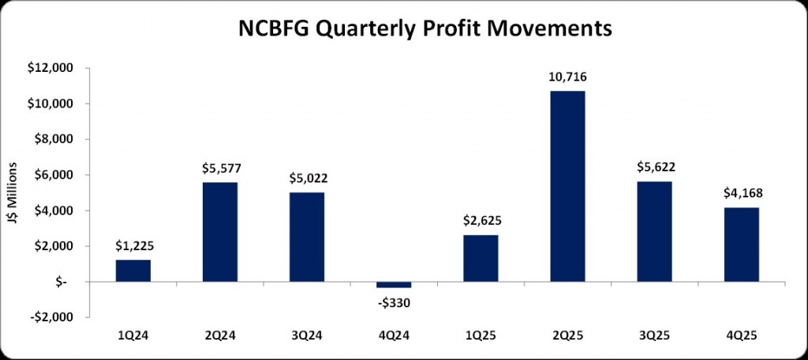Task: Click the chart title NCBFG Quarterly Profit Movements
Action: click(x=425, y=30)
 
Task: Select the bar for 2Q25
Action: click(x=567, y=186)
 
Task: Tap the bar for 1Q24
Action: click(x=133, y=271)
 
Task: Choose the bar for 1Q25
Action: click(x=481, y=258)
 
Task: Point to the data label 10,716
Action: click(x=567, y=77)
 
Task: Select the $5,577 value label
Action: click(x=220, y=169)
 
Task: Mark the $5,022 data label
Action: click(x=307, y=178)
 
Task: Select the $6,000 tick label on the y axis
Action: click(x=54, y=175)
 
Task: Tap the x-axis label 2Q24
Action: click(x=220, y=335)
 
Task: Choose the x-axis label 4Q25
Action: click(x=741, y=335)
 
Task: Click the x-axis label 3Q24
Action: click(x=307, y=335)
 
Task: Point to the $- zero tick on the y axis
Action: click(x=65, y=282)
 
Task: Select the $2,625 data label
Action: click(x=481, y=222)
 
